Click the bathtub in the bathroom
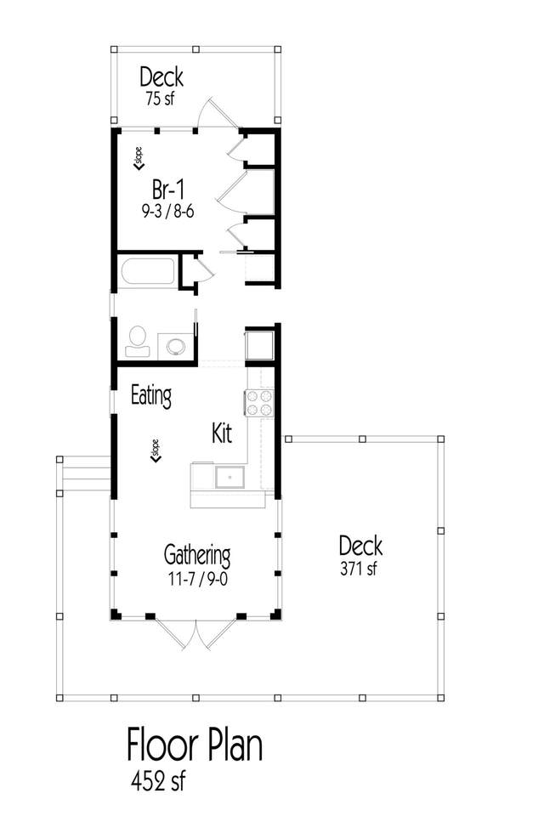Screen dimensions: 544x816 click(x=148, y=271)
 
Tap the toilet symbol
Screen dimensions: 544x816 click(x=137, y=341)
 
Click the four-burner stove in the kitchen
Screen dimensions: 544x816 click(x=258, y=403)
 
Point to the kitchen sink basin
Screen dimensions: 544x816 click(x=229, y=477)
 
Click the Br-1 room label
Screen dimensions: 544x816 click(x=168, y=190)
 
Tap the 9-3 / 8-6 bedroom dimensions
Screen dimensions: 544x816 click(x=168, y=212)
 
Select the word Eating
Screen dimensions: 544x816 click(x=151, y=396)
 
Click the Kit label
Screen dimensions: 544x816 click(x=222, y=433)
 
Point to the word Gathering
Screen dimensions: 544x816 click(x=197, y=556)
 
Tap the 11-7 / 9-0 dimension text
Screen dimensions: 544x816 click(x=198, y=579)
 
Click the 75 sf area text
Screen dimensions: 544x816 click(x=160, y=99)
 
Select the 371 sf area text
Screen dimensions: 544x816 click(x=359, y=569)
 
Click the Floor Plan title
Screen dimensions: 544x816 click(x=195, y=745)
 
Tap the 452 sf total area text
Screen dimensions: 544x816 click(x=158, y=780)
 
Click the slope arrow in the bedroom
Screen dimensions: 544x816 click(x=139, y=159)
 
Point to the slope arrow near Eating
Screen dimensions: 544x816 click(x=156, y=451)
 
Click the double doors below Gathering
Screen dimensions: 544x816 click(x=195, y=634)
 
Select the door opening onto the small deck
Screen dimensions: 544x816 click(x=218, y=112)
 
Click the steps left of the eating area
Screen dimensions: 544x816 click(x=86, y=474)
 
